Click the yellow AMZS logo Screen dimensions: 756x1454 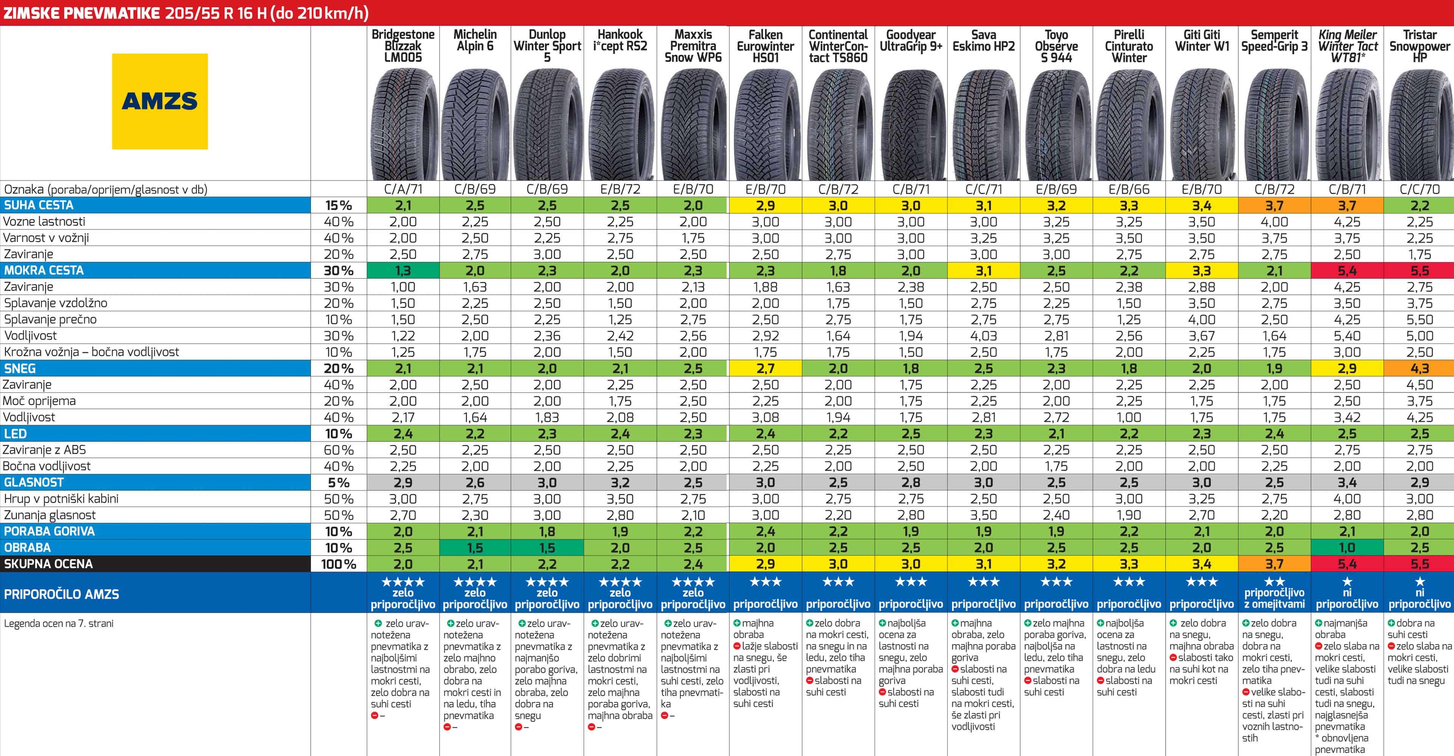160,102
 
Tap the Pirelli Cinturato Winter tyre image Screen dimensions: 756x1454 1129,124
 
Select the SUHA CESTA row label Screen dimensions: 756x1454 39,205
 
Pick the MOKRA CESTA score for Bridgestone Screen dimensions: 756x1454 403,271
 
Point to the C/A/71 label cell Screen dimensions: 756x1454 403,189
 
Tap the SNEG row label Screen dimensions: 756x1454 20,369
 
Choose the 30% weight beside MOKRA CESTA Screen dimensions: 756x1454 339,271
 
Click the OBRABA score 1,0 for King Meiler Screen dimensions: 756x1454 1347,548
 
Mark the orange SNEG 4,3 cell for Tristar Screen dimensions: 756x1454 1419,369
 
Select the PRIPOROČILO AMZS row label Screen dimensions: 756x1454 62,594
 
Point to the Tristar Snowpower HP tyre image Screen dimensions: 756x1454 1419,124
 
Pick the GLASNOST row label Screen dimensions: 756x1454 34,482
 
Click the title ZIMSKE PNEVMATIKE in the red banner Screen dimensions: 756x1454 82,13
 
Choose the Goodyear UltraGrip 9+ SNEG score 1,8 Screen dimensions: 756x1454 911,369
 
